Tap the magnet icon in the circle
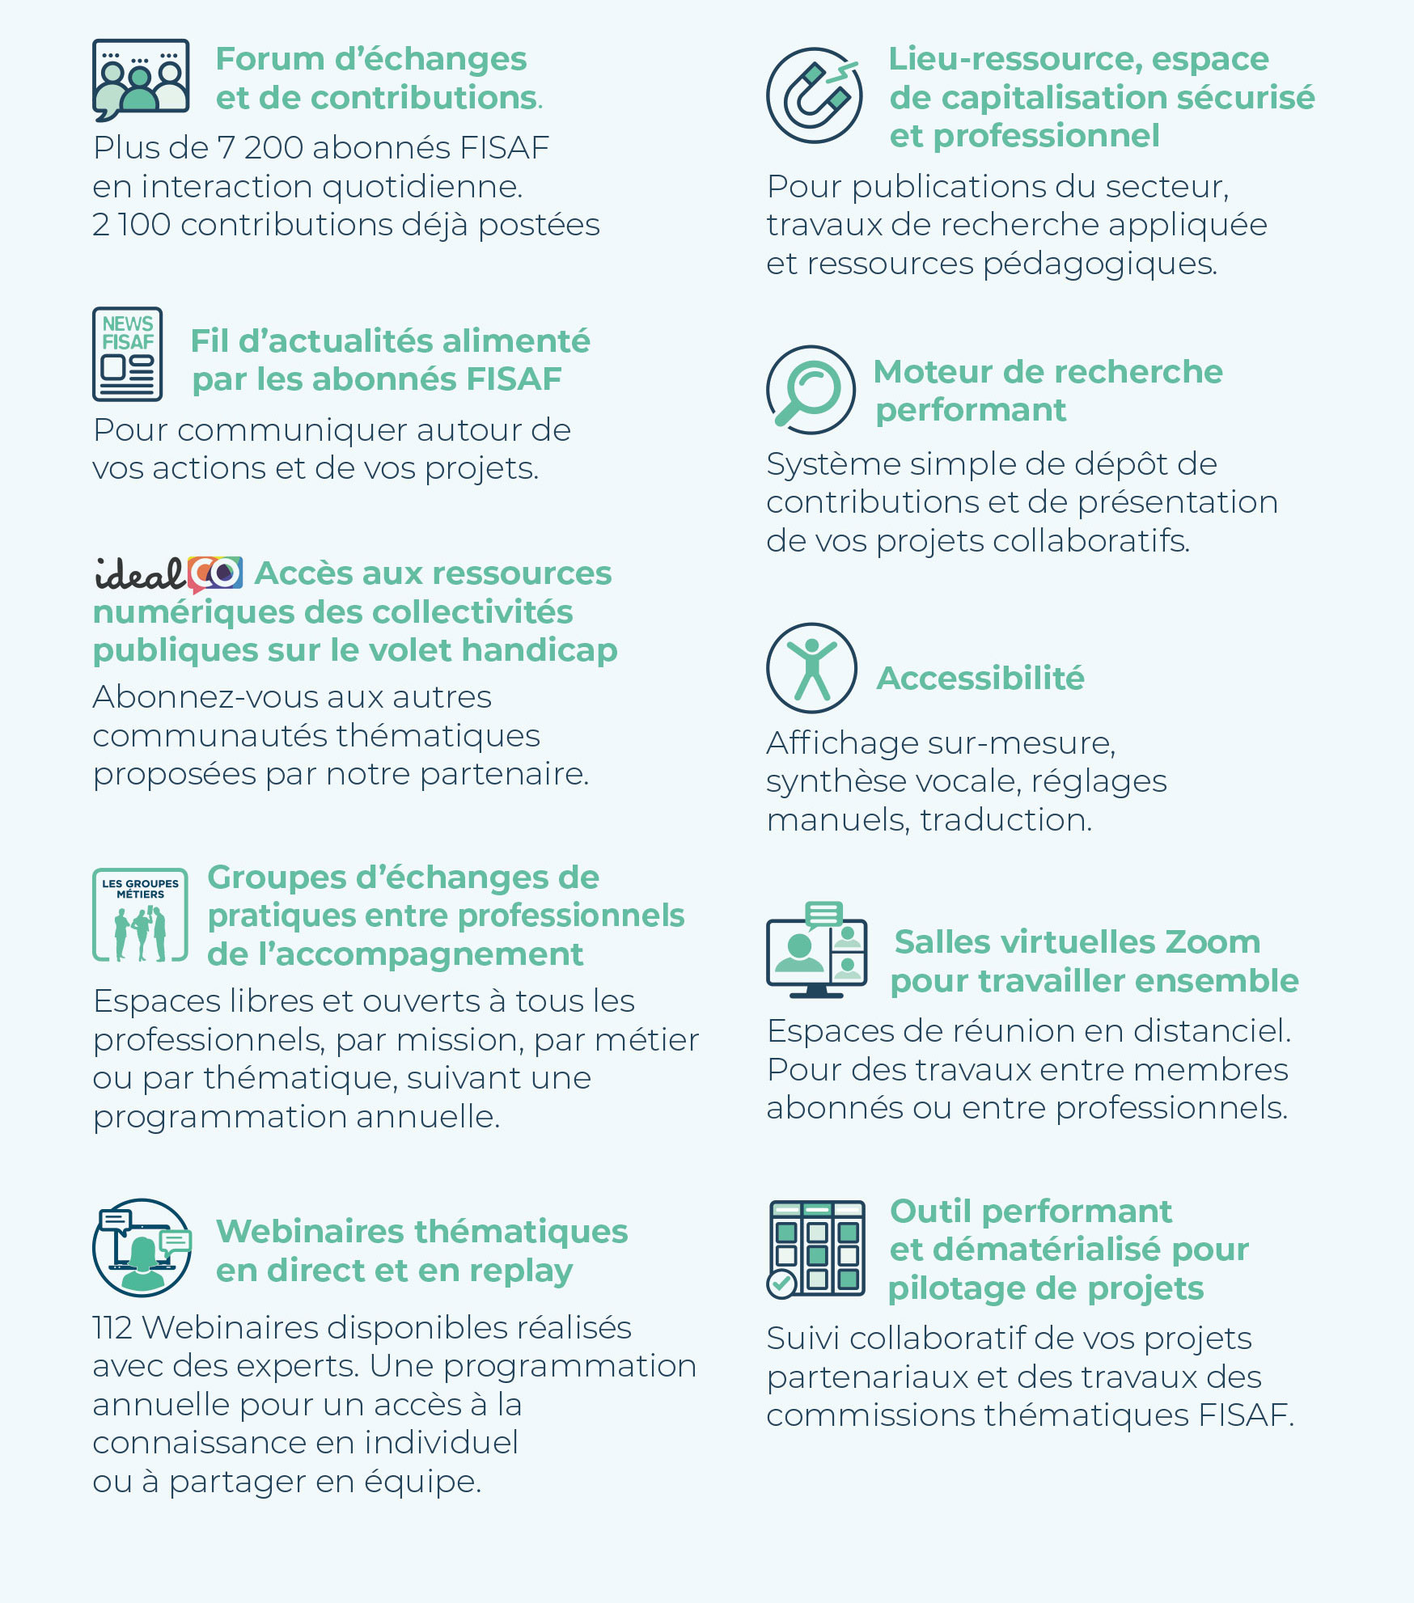coord(814,95)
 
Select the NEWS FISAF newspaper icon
coord(127,354)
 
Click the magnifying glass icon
coord(811,390)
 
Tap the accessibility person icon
coord(811,668)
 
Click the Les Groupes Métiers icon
coord(141,915)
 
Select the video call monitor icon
coord(816,951)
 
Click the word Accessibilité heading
coord(980,678)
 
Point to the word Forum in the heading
coord(270,59)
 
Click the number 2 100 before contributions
coord(132,225)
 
